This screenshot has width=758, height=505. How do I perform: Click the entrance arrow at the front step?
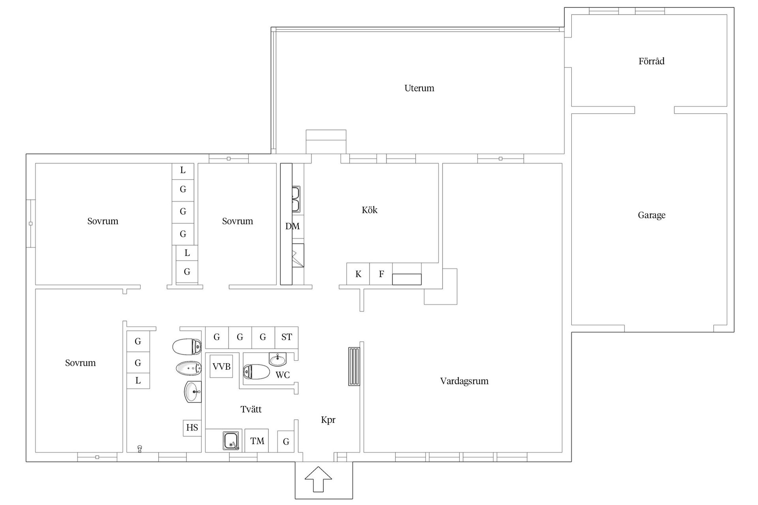tap(318, 479)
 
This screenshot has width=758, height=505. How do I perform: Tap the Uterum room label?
tap(419, 88)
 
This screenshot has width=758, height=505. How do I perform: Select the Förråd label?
tap(651, 61)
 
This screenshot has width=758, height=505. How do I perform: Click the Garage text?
tap(651, 215)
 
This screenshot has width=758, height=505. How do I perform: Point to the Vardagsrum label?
tap(464, 381)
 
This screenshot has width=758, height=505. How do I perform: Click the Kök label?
tap(369, 210)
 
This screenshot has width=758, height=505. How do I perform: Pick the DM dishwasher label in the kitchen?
tap(293, 226)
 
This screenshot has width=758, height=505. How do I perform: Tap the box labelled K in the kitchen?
tap(358, 274)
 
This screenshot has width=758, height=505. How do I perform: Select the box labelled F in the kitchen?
tap(381, 274)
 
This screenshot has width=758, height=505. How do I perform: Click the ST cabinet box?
tap(287, 337)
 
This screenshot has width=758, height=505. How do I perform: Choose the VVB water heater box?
tap(221, 367)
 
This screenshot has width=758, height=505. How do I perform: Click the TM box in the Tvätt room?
tap(257, 441)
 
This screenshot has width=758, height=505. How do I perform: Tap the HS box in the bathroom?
tap(192, 428)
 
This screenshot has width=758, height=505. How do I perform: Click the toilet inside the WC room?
tap(256, 372)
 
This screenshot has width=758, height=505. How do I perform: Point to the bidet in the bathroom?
tap(188, 368)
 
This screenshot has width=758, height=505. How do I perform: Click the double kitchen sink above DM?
tap(295, 199)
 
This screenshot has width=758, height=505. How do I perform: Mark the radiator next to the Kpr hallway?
tap(354, 366)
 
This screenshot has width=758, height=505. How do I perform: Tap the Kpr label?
tap(328, 420)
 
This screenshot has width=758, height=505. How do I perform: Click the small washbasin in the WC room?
tap(278, 359)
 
